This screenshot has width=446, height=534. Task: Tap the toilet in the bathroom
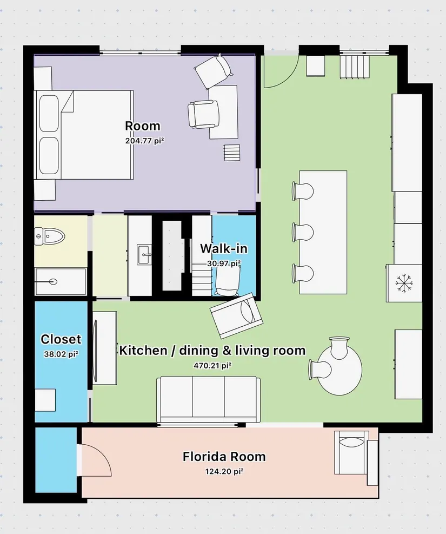point(50,236)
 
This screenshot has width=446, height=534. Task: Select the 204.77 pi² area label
point(145,141)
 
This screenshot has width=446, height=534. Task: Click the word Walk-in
point(223,249)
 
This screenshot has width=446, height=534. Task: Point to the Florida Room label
point(224,456)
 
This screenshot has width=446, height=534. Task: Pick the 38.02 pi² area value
point(61,354)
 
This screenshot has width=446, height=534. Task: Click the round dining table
point(339,370)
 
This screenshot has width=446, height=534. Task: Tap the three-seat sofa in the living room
point(208,399)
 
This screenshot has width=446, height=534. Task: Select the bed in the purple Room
point(84,135)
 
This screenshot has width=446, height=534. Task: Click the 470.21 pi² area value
point(213,366)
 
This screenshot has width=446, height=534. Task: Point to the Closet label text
point(61,339)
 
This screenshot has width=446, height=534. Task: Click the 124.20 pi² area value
point(224,472)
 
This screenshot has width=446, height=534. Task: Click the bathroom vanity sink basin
point(144,254)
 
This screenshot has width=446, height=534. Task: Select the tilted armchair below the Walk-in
point(237,316)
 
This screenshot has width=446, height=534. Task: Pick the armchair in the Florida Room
point(352,453)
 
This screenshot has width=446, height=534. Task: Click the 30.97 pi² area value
point(224,264)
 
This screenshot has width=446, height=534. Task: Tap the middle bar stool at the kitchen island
point(302,233)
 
